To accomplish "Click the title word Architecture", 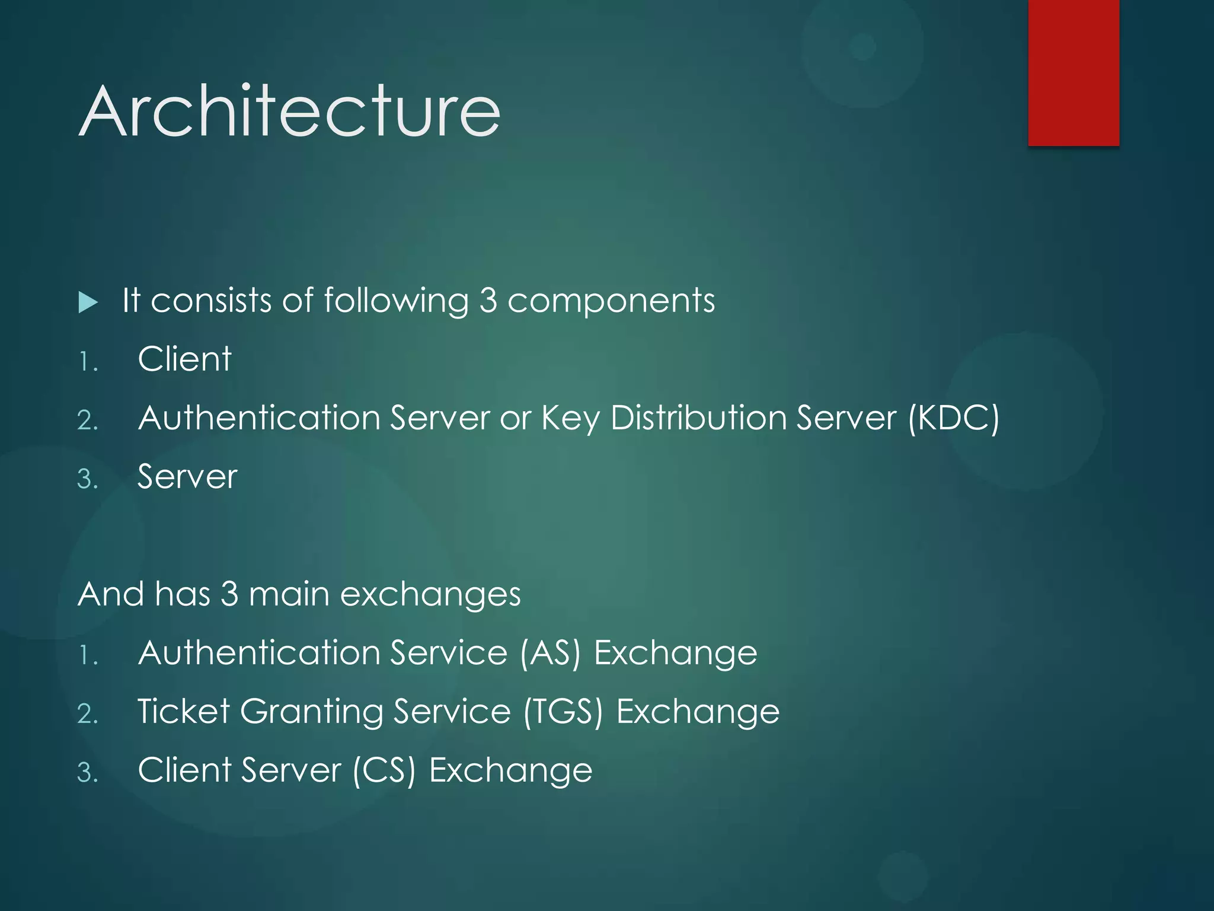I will coord(289,112).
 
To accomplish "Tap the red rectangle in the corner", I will coord(1074,72).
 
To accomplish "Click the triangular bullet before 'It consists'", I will coord(88,303).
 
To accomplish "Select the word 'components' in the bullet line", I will coord(611,301).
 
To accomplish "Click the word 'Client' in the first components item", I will coord(184,359).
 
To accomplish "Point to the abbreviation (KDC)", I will coord(954,418).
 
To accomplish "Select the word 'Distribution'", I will coord(698,418).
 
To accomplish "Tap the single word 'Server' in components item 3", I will coord(187,477).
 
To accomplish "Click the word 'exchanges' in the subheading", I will coord(430,594).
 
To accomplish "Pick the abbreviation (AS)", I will coord(550,654).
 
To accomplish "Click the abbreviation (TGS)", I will coord(563,712).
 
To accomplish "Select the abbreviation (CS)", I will coord(384,771).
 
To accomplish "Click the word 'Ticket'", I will coord(184,711).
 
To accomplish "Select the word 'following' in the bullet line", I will coord(396,301).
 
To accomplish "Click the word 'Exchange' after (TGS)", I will coord(698,712).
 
